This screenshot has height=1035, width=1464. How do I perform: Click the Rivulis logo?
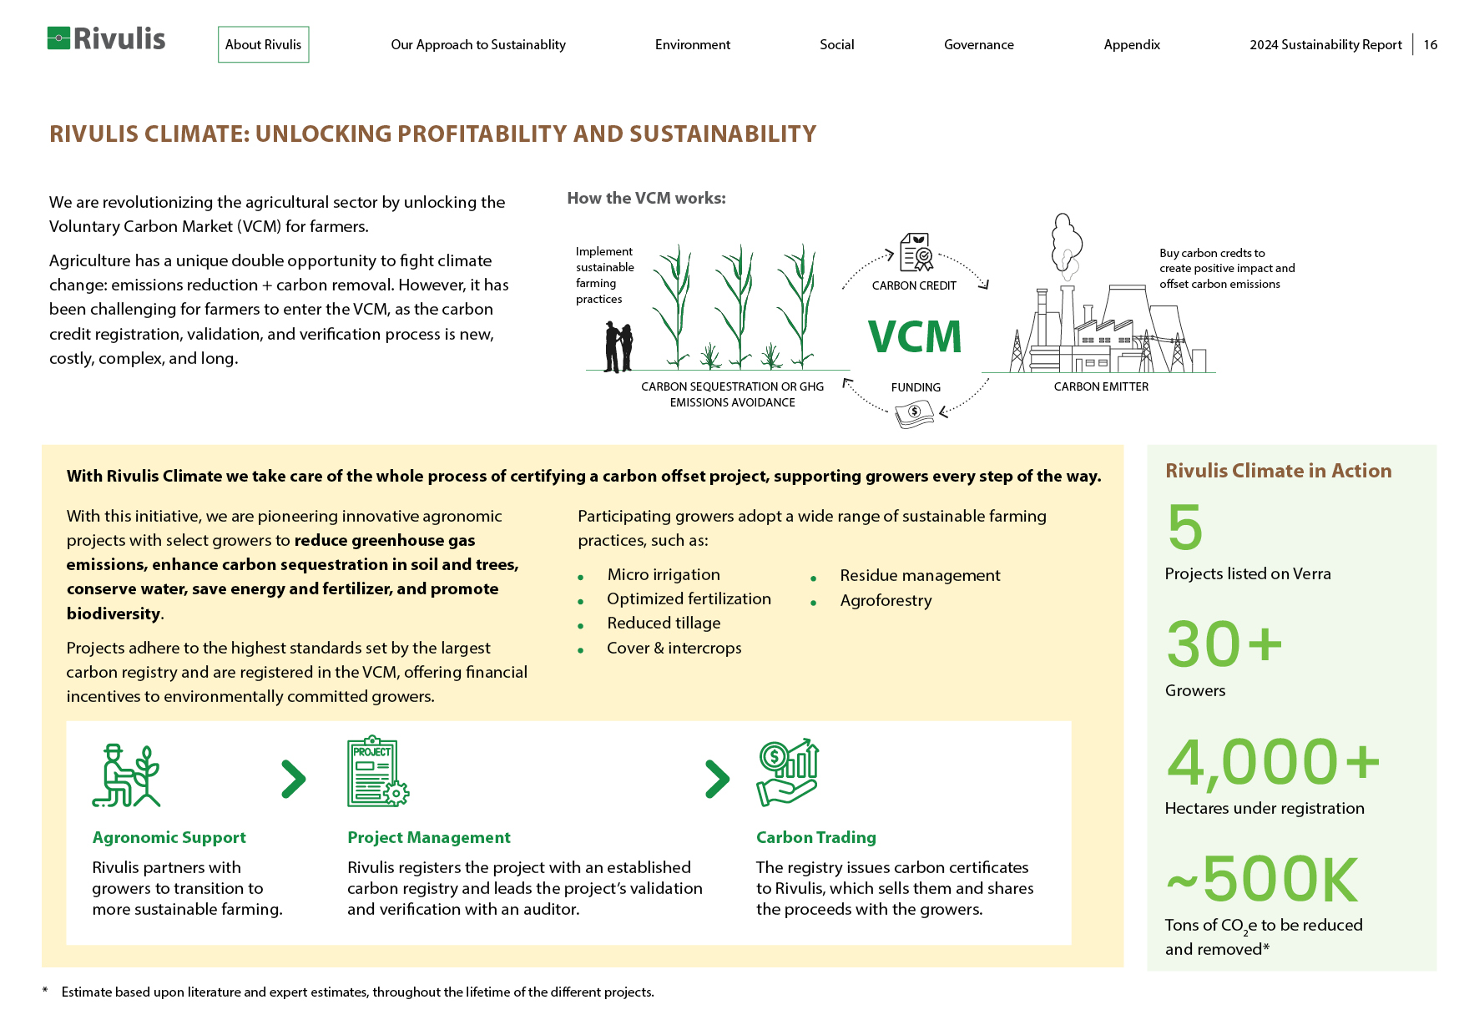pyautogui.click(x=106, y=38)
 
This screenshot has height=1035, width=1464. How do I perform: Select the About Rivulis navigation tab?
pyautogui.click(x=264, y=44)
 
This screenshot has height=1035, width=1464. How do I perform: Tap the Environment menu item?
pyautogui.click(x=693, y=45)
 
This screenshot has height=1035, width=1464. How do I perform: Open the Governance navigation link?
pyautogui.click(x=979, y=45)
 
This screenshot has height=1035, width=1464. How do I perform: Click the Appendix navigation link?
pyautogui.click(x=1132, y=45)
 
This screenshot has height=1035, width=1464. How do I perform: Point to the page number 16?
pyautogui.click(x=1431, y=45)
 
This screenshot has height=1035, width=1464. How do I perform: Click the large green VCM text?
pyautogui.click(x=915, y=336)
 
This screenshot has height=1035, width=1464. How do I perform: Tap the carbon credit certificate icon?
pyautogui.click(x=916, y=252)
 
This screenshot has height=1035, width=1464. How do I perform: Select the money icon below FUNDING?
pyautogui.click(x=915, y=413)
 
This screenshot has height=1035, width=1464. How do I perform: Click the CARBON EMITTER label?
pyautogui.click(x=1101, y=386)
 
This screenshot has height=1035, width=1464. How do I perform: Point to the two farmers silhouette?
pyautogui.click(x=618, y=347)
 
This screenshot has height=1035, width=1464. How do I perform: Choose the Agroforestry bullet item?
pyautogui.click(x=886, y=600)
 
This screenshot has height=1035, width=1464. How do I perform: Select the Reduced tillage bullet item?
pyautogui.click(x=664, y=623)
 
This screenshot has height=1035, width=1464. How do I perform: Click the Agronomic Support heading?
pyautogui.click(x=169, y=837)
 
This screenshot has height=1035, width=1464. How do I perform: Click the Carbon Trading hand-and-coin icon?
pyautogui.click(x=787, y=772)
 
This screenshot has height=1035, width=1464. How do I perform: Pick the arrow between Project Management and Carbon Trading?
pyautogui.click(x=717, y=779)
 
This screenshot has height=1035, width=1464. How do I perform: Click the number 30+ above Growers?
pyautogui.click(x=1224, y=644)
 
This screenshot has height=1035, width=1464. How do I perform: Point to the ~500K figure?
pyautogui.click(x=1262, y=879)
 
